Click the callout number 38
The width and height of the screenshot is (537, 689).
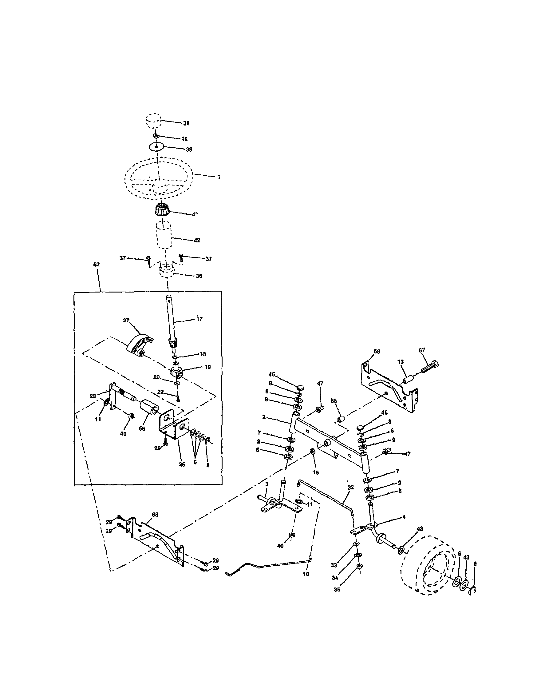[x=186, y=123]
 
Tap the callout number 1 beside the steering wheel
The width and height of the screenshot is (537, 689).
[x=219, y=177]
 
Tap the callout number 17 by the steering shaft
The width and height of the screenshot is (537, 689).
[x=199, y=319]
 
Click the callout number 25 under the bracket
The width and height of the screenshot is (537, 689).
[x=182, y=465]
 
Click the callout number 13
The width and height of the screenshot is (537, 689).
[x=401, y=362]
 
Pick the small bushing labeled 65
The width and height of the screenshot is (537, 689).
[x=341, y=420]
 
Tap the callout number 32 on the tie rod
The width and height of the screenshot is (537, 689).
[x=351, y=487]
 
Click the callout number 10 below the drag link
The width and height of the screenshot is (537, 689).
[x=306, y=574]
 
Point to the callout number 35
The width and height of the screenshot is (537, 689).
[x=337, y=589]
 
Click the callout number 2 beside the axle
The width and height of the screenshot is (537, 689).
[x=264, y=417]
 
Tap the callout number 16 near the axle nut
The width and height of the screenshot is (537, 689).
[x=316, y=472]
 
